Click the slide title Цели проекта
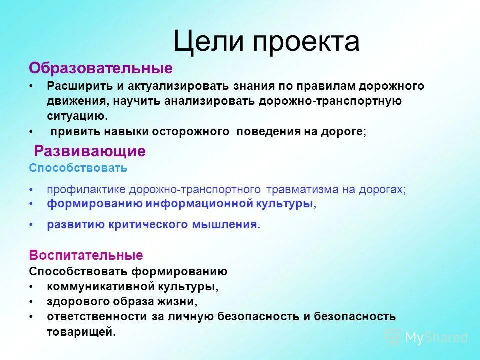pos(266,42)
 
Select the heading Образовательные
pos(101,68)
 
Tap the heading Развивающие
pos(90,151)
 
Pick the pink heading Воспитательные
pos(86,255)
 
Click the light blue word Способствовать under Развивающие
pos(78,168)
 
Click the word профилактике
pos(87,190)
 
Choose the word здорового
pos(74,302)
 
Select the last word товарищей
pos(80,332)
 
